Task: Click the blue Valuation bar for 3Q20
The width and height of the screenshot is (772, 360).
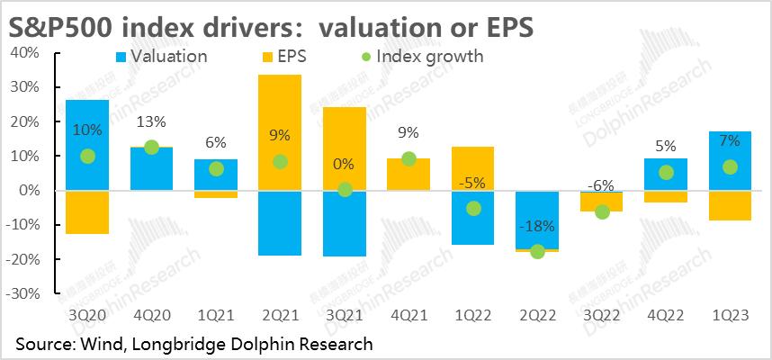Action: (87, 126)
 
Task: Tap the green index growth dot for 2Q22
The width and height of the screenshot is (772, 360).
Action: (537, 252)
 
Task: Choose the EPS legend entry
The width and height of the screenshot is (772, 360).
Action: (286, 57)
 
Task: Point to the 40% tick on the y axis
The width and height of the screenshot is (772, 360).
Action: (25, 53)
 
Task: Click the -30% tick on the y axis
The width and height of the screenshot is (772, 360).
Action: (23, 293)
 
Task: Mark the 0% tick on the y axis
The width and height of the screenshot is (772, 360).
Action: (30, 191)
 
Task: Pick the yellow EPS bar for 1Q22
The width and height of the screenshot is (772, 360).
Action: (473, 168)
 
